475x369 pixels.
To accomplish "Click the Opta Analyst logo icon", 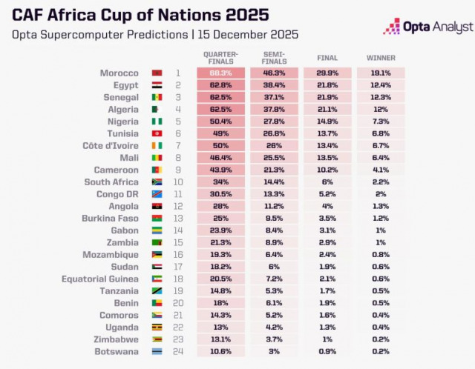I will click(x=392, y=27).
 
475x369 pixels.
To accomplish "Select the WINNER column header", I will click(x=381, y=57).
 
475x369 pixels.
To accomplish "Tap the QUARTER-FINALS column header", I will click(x=220, y=57).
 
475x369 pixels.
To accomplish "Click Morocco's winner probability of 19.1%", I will click(x=381, y=73).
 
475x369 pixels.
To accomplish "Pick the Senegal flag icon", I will click(x=157, y=98).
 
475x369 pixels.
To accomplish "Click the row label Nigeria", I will click(x=122, y=122).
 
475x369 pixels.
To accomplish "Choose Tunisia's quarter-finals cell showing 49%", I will click(x=220, y=133).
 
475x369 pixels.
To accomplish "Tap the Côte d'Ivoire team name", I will click(x=111, y=146).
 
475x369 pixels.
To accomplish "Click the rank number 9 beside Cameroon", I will click(x=178, y=170).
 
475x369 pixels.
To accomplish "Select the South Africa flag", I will click(x=157, y=182).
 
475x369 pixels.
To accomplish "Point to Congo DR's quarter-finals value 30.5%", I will click(x=220, y=194).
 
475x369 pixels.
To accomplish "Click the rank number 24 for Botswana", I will click(x=178, y=351).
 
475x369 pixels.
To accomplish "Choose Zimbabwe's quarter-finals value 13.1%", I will click(x=220, y=339).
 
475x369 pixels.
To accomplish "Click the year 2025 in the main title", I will click(x=243, y=14).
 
